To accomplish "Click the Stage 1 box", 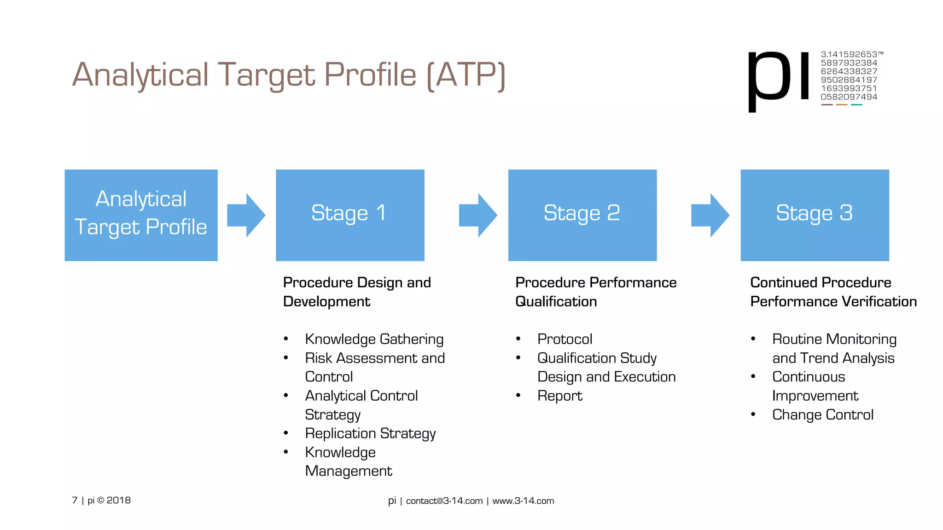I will pyautogui.click(x=350, y=215).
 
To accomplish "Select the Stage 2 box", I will pyautogui.click(x=582, y=215).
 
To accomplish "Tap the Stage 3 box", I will pyautogui.click(x=815, y=215).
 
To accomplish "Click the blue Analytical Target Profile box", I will pyautogui.click(x=141, y=215).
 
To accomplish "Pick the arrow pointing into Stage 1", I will pyautogui.click(x=246, y=215).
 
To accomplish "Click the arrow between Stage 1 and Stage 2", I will pyautogui.click(x=478, y=215).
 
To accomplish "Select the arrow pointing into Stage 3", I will pyautogui.click(x=710, y=215).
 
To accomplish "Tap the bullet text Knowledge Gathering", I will pyautogui.click(x=374, y=339).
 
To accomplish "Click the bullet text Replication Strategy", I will pyautogui.click(x=370, y=433).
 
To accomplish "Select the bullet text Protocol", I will pyautogui.click(x=565, y=339).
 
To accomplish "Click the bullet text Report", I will pyautogui.click(x=559, y=396).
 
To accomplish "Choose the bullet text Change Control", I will pyautogui.click(x=822, y=415).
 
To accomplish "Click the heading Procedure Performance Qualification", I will pyautogui.click(x=595, y=292).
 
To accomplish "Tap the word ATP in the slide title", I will pyautogui.click(x=466, y=75).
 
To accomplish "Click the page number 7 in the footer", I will pyautogui.click(x=75, y=500).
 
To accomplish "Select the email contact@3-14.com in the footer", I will pyautogui.click(x=444, y=501).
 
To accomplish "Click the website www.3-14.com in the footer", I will pyautogui.click(x=523, y=501).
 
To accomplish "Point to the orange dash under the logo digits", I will pyautogui.click(x=842, y=105).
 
